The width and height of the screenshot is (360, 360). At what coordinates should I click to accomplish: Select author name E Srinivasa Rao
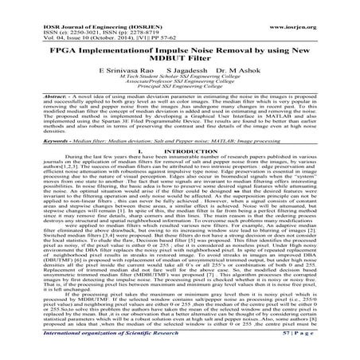click(126, 71)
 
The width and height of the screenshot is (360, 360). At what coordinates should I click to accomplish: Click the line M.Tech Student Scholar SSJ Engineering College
click(180, 79)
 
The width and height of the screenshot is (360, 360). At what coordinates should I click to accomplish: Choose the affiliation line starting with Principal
click(180, 92)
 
